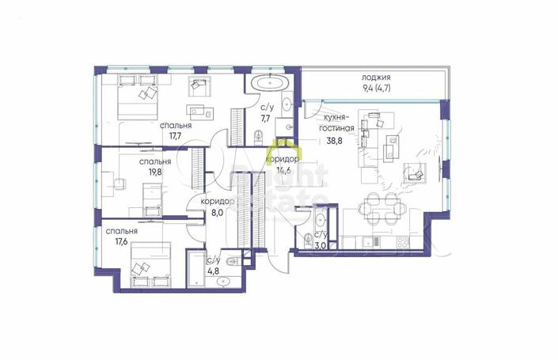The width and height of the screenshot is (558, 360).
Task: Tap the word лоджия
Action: click(376, 78)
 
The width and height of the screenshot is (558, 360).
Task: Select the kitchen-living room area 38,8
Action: click(335, 141)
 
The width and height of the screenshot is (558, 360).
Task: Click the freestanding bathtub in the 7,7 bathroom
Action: click(270, 83)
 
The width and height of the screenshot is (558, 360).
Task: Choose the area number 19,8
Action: click(155, 172)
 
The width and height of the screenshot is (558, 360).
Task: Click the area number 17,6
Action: click(121, 242)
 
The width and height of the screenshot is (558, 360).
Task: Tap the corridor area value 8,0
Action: click(217, 213)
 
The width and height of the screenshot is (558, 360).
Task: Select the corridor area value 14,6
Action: click(283, 170)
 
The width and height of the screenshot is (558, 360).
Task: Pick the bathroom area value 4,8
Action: click(213, 271)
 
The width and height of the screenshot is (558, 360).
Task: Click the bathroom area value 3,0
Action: click(321, 245)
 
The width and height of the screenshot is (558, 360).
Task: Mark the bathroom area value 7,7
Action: click(265, 119)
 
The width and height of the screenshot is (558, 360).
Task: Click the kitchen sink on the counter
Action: click(371, 242)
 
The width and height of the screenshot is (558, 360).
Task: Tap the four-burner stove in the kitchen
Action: click(403, 242)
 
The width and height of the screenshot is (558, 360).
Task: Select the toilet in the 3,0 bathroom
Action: click(306, 239)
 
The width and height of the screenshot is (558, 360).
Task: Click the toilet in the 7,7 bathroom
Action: click(259, 137)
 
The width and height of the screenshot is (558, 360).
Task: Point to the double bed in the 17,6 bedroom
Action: click(150, 264)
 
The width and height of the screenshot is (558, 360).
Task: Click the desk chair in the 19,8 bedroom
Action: click(120, 184)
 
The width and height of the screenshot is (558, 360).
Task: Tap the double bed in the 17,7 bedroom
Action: click(137, 97)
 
